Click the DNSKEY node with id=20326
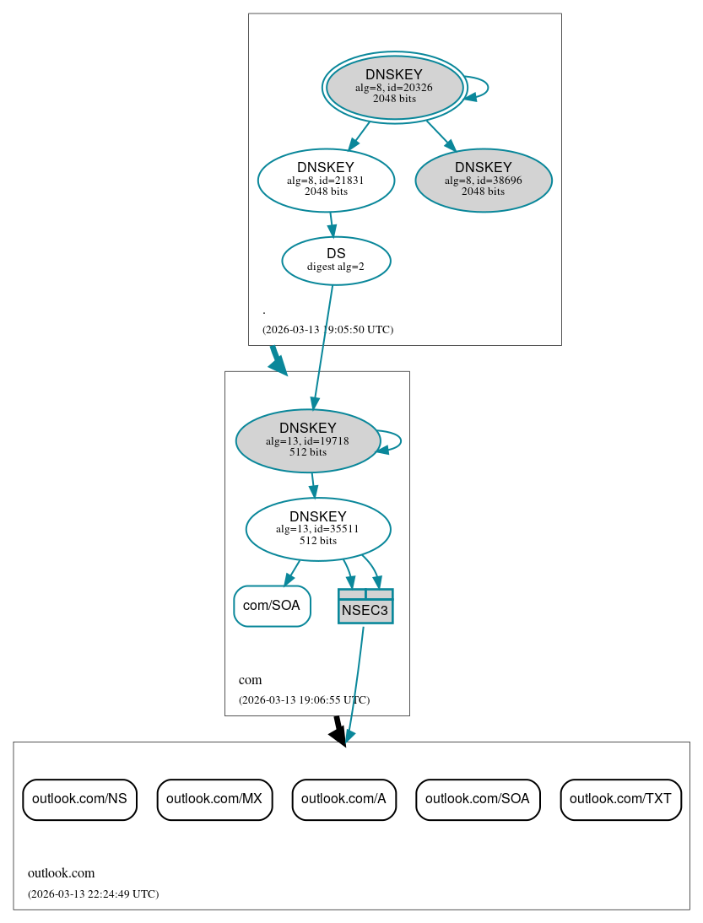(394, 87)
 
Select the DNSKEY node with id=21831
(326, 180)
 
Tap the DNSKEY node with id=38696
(484, 180)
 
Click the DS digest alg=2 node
(336, 260)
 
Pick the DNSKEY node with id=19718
(308, 440)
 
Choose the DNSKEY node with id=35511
(318, 529)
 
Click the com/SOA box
(272, 606)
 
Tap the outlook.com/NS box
(79, 799)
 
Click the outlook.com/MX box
(214, 799)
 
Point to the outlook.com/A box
(343, 799)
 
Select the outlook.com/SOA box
(478, 799)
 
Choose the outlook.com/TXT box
(620, 799)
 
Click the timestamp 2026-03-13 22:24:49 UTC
(93, 894)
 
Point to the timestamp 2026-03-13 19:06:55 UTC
(304, 700)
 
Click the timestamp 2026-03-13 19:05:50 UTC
(327, 330)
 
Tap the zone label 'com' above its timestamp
(251, 680)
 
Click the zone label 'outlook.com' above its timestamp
(62, 873)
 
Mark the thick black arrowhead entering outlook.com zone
(338, 737)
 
